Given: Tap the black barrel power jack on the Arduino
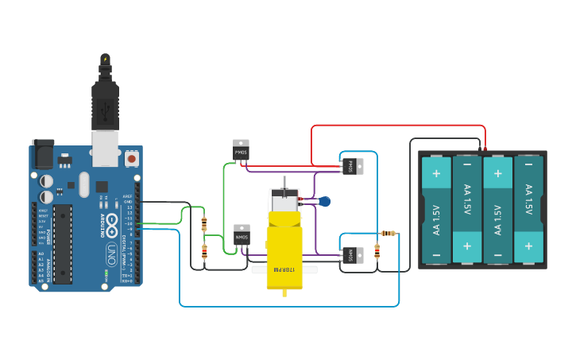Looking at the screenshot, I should click(43, 155).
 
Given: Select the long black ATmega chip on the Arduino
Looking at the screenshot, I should click(64, 243).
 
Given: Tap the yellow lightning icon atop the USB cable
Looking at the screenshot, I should click(105, 59).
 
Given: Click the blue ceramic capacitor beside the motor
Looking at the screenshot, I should click(324, 202).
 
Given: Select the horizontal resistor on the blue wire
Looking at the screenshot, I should click(388, 234).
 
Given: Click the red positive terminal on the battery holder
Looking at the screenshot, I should click(485, 149).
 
